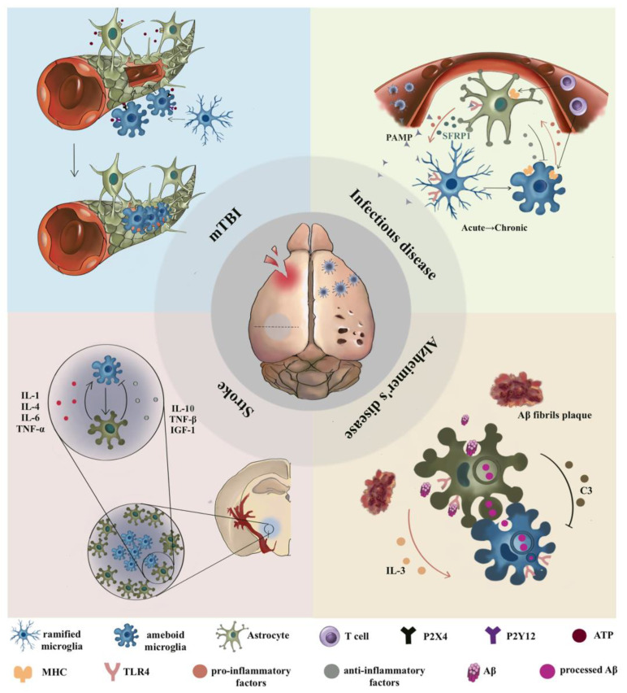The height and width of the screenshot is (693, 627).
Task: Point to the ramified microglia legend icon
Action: pos(28,630)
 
